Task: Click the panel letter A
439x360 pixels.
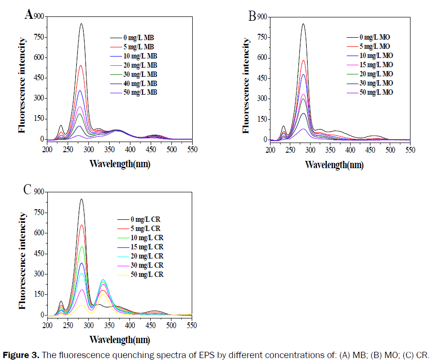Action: pyautogui.click(x=28, y=14)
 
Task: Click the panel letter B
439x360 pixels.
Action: pyautogui.click(x=252, y=16)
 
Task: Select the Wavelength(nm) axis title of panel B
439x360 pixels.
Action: pyautogui.click(x=334, y=164)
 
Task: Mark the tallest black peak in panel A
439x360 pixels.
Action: pyautogui.click(x=81, y=24)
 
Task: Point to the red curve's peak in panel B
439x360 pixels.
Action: pyautogui.click(x=303, y=60)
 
